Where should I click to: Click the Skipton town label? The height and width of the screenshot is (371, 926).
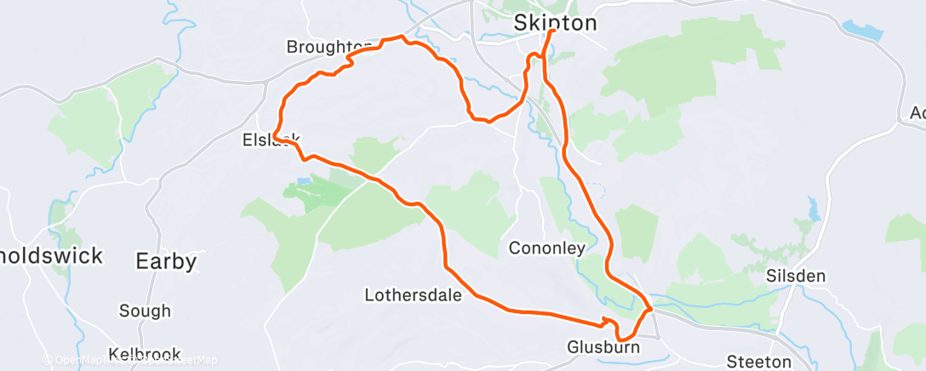click(x=555, y=23)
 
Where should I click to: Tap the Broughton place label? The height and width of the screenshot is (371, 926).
click(x=329, y=46)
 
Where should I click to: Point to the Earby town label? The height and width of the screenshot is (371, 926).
click(x=167, y=260)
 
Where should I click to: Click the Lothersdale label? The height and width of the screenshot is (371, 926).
click(x=413, y=296)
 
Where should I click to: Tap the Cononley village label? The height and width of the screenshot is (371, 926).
click(x=546, y=248)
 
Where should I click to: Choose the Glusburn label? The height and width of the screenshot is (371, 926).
click(x=603, y=347)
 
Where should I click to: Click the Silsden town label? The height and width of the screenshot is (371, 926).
click(x=796, y=277)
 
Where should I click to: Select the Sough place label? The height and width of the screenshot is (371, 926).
click(x=145, y=311)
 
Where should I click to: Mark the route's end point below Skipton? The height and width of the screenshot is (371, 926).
click(x=553, y=31)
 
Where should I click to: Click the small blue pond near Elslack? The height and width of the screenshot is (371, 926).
click(x=304, y=182)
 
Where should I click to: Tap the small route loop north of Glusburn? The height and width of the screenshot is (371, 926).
click(x=607, y=321)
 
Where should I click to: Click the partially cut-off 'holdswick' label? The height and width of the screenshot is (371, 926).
click(x=51, y=255)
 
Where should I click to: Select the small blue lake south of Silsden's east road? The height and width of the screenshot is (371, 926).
click(x=812, y=207)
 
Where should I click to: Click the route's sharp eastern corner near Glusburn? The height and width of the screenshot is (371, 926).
click(x=651, y=310)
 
